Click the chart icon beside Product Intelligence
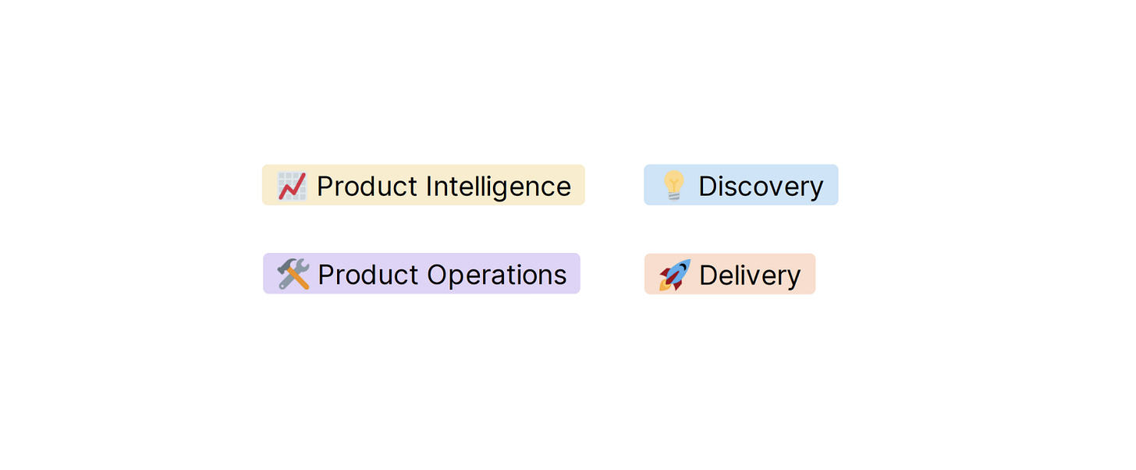coord(292,186)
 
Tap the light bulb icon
coord(673,186)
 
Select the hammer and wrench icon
coord(293,274)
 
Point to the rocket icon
coord(674,275)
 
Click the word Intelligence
coord(498,187)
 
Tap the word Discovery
coord(761,187)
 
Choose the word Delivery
coord(750,275)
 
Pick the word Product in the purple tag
coord(368,275)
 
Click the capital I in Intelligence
coord(429,187)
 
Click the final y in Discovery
coord(816,190)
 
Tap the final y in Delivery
coord(793,278)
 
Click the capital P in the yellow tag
coord(325,187)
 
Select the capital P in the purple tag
coord(326,275)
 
